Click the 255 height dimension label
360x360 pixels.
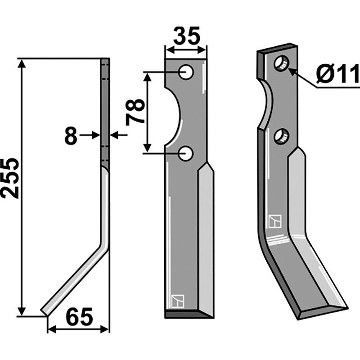(x=10, y=178)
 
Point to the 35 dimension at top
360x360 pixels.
(x=187, y=36)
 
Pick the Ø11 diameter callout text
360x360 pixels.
(x=338, y=74)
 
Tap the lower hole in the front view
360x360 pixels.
(x=186, y=153)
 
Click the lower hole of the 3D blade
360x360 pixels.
(x=282, y=137)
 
